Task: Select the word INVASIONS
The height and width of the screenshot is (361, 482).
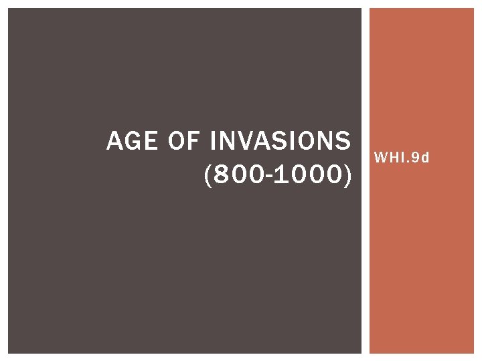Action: click(280, 142)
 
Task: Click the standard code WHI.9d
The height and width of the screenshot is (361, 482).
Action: click(402, 158)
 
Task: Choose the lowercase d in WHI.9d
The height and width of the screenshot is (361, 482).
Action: click(425, 158)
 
